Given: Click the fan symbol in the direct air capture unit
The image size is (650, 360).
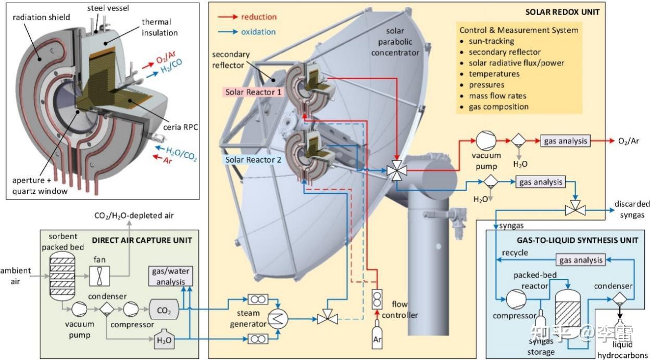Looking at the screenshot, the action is pos(99,276).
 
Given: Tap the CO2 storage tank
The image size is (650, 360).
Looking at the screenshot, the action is pos(164,309).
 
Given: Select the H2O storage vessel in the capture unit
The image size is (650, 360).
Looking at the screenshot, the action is pos(164,339).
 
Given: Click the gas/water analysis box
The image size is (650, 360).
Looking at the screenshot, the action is pos(171,276).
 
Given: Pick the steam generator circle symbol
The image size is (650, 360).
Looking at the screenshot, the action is pos(278,319).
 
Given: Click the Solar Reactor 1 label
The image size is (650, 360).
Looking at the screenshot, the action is pos(253,92).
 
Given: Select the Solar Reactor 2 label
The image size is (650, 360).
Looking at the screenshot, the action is pos(253,159).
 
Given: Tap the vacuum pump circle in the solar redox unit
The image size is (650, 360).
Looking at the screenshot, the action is pos(486,141).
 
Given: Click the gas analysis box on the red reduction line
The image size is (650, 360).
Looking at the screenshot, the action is pos(565,141).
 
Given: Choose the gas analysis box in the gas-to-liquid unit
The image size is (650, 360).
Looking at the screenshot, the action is pos(581,260).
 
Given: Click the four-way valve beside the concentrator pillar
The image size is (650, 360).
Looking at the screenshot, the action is pos(397,170).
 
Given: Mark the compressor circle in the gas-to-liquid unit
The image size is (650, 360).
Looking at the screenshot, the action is pos(516,299).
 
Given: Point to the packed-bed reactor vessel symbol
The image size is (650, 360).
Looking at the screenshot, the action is pos(568,314).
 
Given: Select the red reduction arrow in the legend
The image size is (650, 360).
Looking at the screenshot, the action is pos(228,17).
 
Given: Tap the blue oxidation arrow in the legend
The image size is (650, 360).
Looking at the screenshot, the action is pos(228,32).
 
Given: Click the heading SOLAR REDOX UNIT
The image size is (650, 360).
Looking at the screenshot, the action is pos(562,12).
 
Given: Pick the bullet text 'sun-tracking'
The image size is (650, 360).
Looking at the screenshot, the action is pos(491,41).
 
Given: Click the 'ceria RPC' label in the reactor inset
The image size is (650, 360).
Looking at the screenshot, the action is pos(181,127).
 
